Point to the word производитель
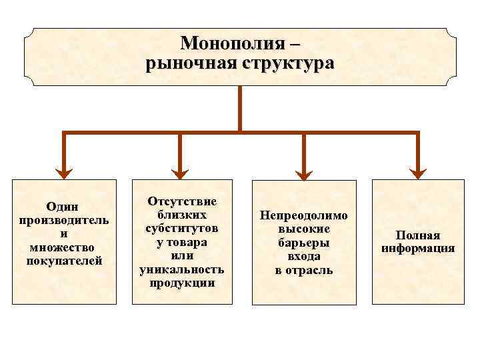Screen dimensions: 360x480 pyautogui.click(x=64, y=221)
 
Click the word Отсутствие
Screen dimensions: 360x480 pyautogui.click(x=182, y=201)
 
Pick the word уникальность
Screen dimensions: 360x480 pyautogui.click(x=182, y=269)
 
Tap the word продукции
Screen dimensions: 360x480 pyautogui.click(x=182, y=283)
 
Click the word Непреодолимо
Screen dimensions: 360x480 pyautogui.click(x=304, y=216)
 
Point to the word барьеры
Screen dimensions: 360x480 pyautogui.click(x=304, y=243)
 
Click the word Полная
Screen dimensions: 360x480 pyautogui.click(x=418, y=235)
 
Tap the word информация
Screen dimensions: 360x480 pyautogui.click(x=418, y=249)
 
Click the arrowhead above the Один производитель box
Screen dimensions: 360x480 pyautogui.click(x=63, y=173)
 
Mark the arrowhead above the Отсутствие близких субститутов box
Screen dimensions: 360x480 pyautogui.click(x=180, y=173)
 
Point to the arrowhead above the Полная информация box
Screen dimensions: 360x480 pyautogui.click(x=418, y=173)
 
